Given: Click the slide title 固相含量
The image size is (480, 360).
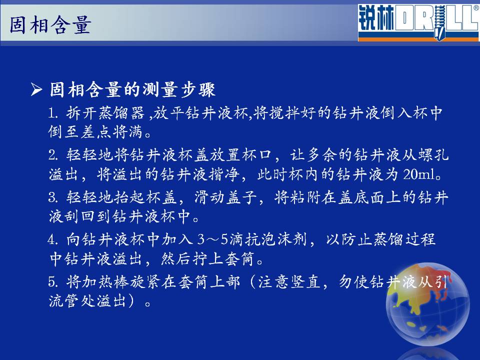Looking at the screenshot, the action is coord(50,25).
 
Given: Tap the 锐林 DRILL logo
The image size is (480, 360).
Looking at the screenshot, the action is coord(418,22).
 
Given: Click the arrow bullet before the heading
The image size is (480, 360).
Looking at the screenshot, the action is coord(36,89).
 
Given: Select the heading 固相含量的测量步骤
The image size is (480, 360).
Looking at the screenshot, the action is coord(132,89).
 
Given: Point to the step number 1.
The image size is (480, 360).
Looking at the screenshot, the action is coord(52,113).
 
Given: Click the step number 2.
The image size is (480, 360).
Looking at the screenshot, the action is coord(52,155).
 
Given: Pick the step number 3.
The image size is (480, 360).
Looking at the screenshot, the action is coord(52,197).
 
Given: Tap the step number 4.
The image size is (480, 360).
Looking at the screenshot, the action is coord(52,239).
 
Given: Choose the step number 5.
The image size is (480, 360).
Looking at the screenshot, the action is coord(52,281).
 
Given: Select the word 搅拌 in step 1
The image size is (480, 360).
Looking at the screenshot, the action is coord(285,113).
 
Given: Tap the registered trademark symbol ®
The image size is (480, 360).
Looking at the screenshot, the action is coord(476,8).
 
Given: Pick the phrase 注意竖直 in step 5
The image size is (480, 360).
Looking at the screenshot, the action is coord(289,281).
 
